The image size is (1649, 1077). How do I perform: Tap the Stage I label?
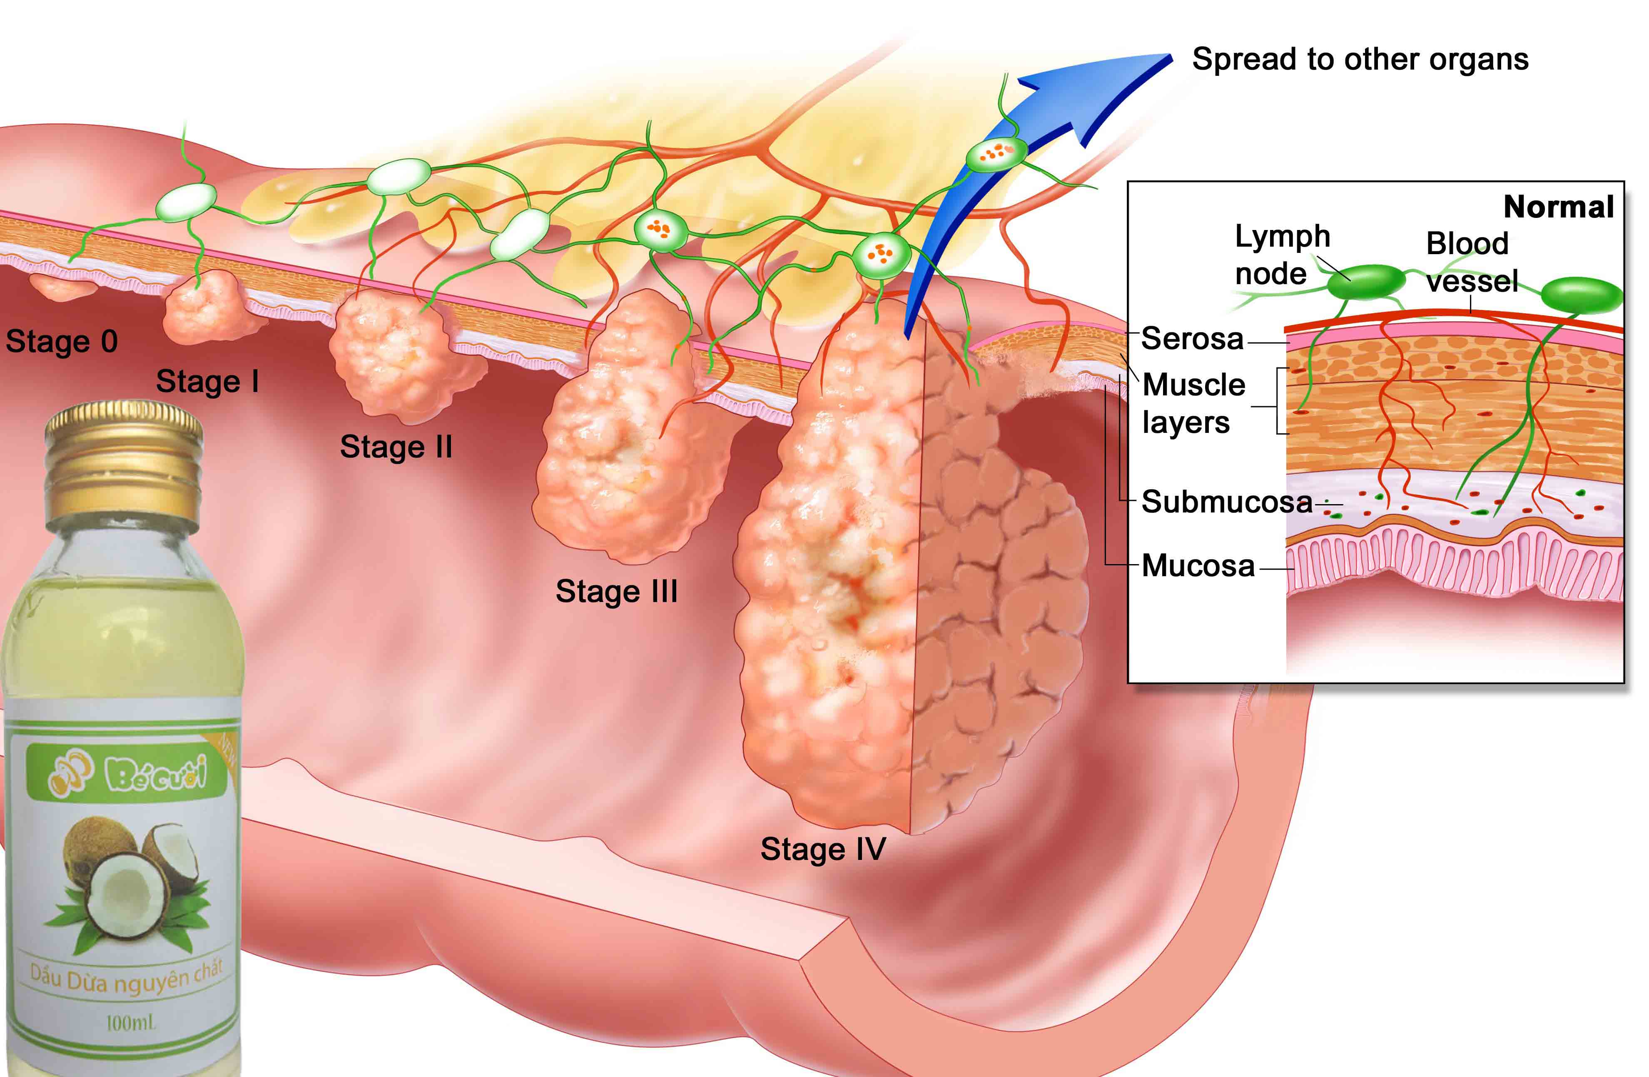(208, 381)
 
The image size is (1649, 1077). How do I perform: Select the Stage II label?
(396, 447)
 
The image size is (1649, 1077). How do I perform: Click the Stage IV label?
(823, 850)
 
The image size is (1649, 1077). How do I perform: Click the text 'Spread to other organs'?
(1360, 60)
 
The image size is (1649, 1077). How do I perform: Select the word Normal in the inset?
(1559, 207)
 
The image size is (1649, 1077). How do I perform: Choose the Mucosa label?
(1198, 565)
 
